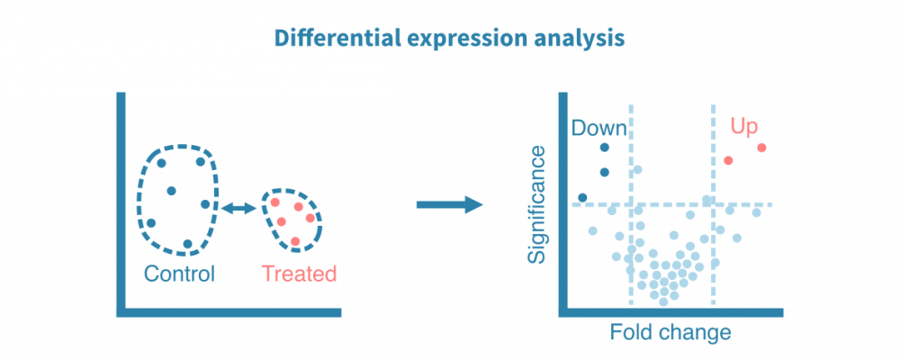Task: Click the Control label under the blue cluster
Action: click(x=179, y=274)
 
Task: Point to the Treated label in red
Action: click(x=299, y=274)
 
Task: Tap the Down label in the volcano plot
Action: click(x=598, y=128)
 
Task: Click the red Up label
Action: click(x=743, y=127)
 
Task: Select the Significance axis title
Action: click(x=537, y=205)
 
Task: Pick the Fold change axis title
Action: click(x=670, y=332)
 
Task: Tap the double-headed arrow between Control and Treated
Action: click(x=238, y=208)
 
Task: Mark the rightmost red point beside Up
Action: click(x=761, y=148)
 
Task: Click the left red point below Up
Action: click(x=728, y=160)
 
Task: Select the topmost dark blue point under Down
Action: click(x=605, y=147)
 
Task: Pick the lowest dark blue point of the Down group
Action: click(x=582, y=197)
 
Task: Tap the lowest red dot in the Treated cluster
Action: click(x=295, y=240)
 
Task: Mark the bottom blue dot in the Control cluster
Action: click(x=187, y=244)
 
